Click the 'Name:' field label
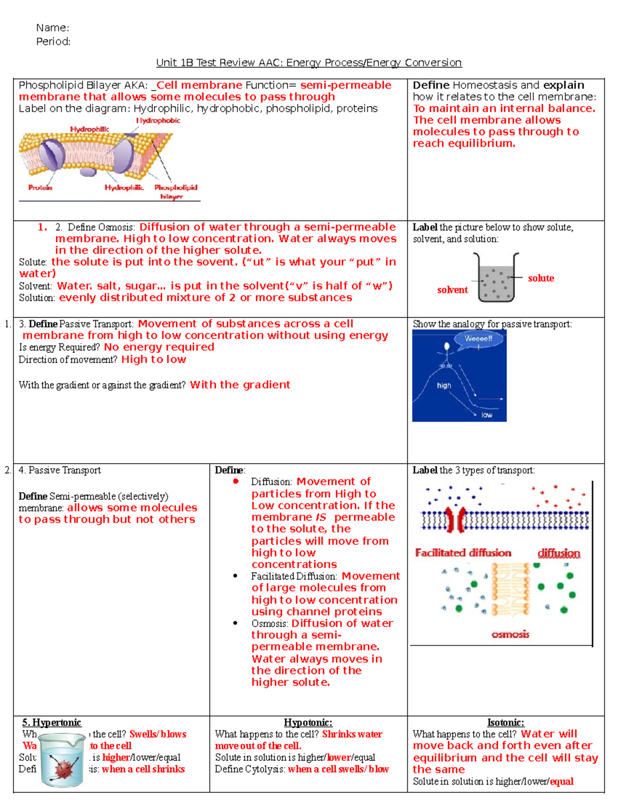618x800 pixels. tap(53, 28)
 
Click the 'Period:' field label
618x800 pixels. tap(53, 42)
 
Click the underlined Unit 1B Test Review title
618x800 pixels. tap(308, 63)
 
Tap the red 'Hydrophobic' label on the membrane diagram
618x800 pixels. tap(158, 121)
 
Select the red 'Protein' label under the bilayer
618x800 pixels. tap(40, 188)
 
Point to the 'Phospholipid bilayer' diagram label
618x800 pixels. tap(175, 192)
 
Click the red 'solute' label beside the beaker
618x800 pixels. tap(541, 278)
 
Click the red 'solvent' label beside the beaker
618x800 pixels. tap(452, 290)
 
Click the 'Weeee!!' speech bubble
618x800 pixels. tap(478, 339)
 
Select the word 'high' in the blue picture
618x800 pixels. tap(443, 385)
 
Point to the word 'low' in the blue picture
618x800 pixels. tap(486, 415)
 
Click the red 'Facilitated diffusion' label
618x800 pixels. tap(463, 553)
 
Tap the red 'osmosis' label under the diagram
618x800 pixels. tap(510, 634)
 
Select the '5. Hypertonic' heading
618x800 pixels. tap(51, 723)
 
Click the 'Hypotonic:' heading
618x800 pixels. tap(308, 723)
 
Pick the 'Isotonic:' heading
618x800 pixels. tap(505, 723)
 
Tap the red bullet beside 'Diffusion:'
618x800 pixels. tap(236, 482)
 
